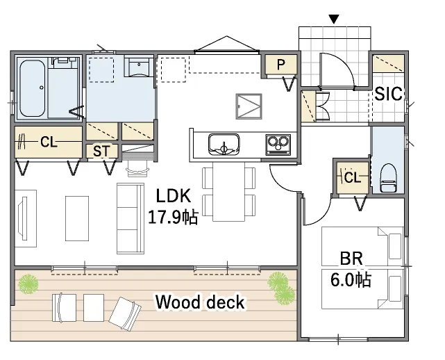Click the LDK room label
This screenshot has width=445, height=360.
coord(174,196)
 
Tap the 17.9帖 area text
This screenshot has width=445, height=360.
coord(173,218)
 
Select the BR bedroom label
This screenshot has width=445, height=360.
coord(351,259)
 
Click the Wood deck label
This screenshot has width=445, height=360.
coord(200,302)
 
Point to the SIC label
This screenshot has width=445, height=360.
coord(389,94)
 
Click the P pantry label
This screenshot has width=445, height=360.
coord(280,65)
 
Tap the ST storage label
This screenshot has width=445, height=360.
coord(101,152)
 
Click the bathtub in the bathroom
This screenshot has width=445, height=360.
coord(33,88)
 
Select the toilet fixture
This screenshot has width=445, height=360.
coord(388,178)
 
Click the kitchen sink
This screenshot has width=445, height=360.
coord(224,145)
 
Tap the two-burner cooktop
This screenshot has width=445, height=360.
coord(278,145)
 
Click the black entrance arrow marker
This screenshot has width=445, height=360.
coord(334,19)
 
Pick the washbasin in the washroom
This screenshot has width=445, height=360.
coord(139,67)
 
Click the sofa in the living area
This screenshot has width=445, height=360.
coord(131,218)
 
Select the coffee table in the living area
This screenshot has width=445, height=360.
coord(77,218)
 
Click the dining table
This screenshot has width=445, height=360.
coord(228,192)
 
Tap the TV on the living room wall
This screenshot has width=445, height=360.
coord(22,218)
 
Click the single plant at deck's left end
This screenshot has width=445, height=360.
coord(28,284)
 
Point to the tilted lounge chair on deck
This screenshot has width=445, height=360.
coord(125,313)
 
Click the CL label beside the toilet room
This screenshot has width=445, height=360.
coord(353,178)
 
